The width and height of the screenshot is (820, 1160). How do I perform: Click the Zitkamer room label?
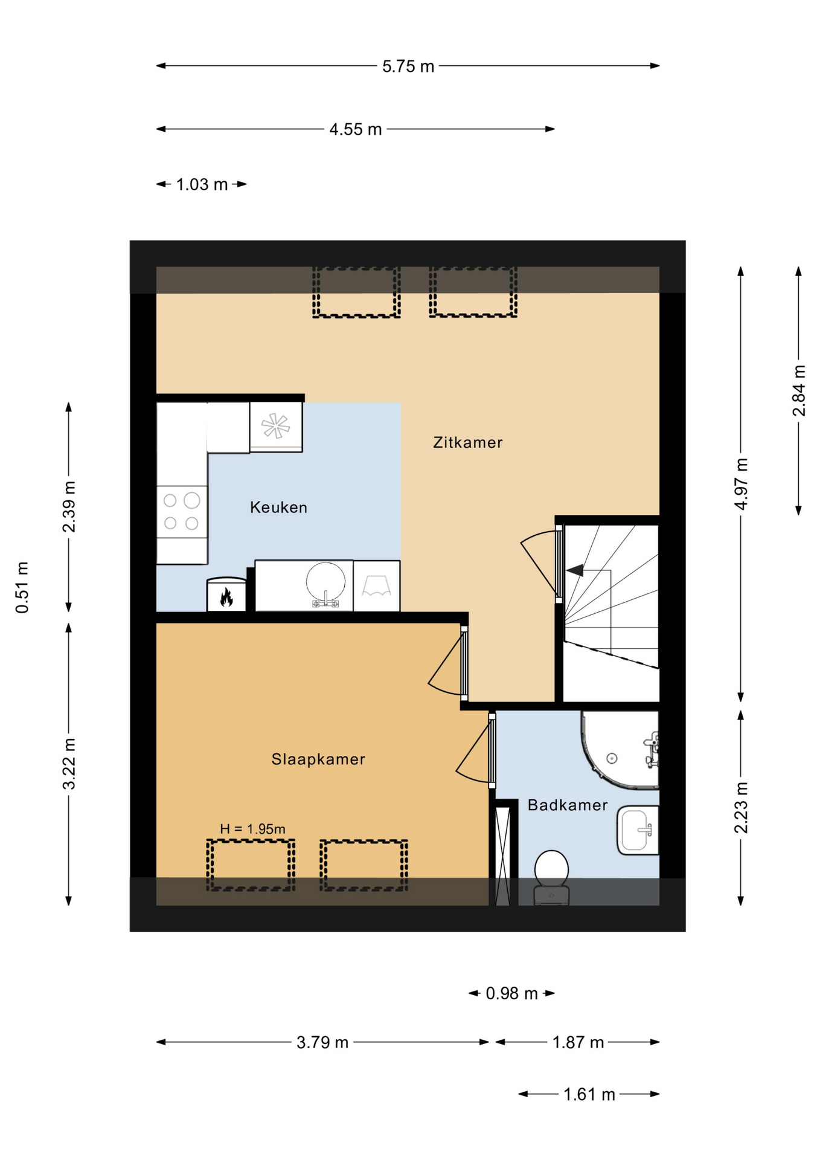tap(467, 442)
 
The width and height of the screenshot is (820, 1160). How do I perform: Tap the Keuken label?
tap(278, 507)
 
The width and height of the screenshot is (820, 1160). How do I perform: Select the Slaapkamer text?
tap(318, 759)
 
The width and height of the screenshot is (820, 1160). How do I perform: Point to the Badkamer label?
tap(568, 805)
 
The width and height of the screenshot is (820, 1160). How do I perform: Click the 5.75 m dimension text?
tap(408, 66)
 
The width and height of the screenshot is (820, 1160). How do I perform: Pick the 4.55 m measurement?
tap(356, 129)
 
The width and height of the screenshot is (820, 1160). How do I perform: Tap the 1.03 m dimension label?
tap(202, 184)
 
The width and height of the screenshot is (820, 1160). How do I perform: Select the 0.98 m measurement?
tap(512, 993)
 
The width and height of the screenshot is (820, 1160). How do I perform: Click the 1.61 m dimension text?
tap(589, 1094)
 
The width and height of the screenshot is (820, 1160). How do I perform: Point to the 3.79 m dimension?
tap(322, 1042)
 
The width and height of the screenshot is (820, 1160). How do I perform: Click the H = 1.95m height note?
tap(252, 829)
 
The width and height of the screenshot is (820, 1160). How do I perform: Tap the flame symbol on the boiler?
tap(226, 597)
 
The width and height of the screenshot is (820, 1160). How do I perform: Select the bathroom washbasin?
tap(638, 830)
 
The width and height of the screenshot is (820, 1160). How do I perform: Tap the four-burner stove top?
tap(182, 512)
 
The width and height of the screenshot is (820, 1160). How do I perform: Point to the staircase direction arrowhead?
tap(575, 570)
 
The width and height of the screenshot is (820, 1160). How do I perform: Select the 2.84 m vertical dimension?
tap(799, 391)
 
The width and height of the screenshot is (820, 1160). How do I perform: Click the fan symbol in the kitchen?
tap(276, 426)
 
